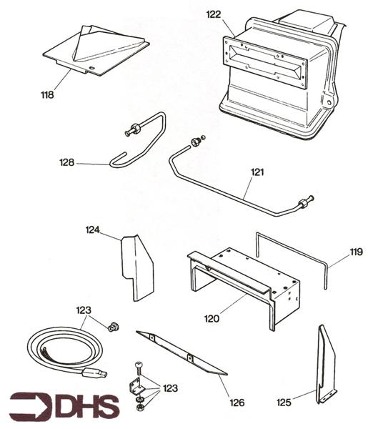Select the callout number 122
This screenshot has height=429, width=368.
pos(213,14)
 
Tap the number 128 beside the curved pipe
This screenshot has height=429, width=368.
pos(68,163)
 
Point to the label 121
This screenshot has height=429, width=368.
pos(257,172)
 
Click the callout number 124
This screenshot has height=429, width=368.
pos(94,230)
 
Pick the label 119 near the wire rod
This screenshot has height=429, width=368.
pos(356,252)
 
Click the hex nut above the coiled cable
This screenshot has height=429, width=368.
pos(112,327)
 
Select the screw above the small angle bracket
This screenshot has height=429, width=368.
pos(138,368)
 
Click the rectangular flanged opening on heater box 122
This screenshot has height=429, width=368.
pos(265,61)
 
